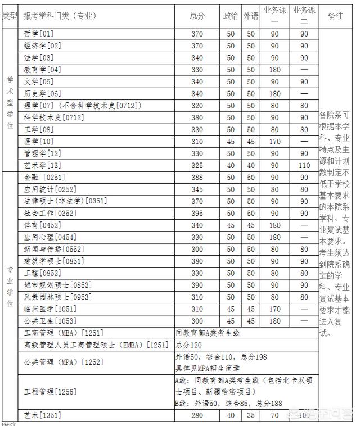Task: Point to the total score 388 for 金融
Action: coord(197,178)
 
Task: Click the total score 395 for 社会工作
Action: coord(197,213)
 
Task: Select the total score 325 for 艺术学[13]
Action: coord(197,165)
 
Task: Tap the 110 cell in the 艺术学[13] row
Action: coord(304,165)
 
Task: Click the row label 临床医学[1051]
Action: coord(49,309)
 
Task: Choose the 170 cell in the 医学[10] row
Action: coord(275,141)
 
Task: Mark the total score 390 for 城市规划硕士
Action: coord(197,285)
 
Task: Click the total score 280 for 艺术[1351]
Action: coord(197,416)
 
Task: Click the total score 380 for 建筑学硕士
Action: coord(197,261)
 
